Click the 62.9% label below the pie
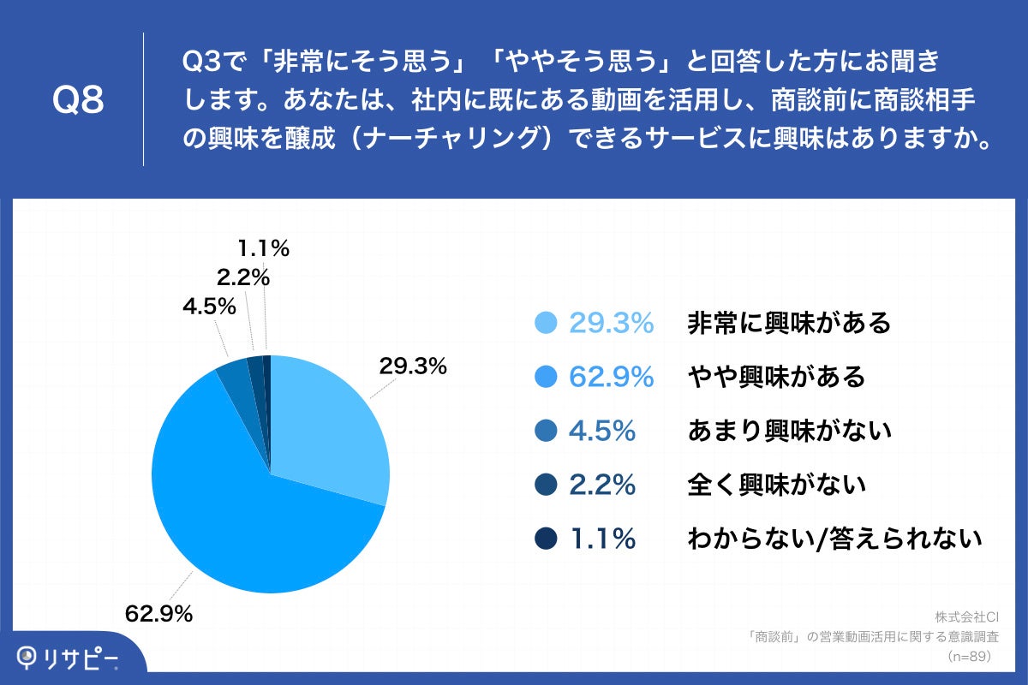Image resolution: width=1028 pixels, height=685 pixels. (x=158, y=613)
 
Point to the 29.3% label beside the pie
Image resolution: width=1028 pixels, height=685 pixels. (x=414, y=366)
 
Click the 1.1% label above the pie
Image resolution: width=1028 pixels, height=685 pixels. (x=263, y=249)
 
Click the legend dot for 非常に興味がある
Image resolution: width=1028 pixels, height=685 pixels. (x=546, y=323)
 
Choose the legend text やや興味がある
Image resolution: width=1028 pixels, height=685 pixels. (x=776, y=377)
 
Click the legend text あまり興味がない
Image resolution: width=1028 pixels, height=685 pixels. (x=789, y=431)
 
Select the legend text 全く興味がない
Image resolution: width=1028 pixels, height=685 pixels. (x=776, y=485)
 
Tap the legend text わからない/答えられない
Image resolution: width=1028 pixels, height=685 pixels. (x=834, y=539)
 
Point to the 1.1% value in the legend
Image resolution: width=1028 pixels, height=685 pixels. (x=602, y=539)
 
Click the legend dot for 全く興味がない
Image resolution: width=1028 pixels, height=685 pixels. (x=546, y=485)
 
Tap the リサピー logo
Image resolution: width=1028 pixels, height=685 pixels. (x=69, y=658)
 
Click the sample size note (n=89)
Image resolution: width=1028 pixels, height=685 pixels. (x=969, y=657)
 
